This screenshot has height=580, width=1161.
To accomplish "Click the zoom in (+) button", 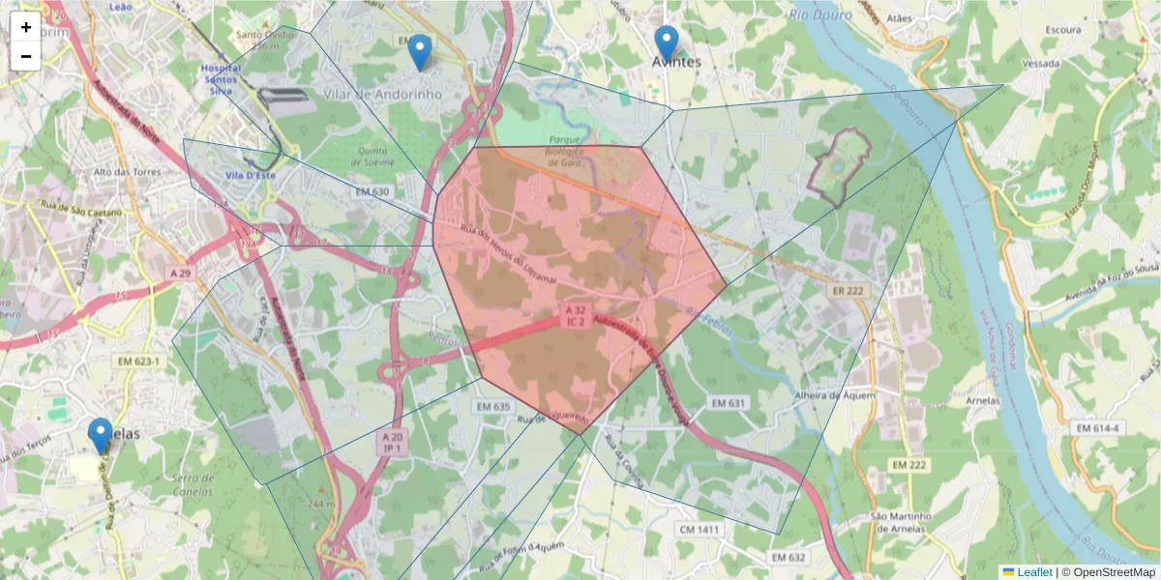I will (x=26, y=27).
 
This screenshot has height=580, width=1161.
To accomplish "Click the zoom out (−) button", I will (x=26, y=56).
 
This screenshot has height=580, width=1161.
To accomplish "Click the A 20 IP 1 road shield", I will (x=393, y=443).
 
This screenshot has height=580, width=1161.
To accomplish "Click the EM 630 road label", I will (x=372, y=191).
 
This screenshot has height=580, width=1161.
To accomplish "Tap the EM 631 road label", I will (x=730, y=402).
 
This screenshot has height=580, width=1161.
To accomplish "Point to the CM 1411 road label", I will (x=699, y=529).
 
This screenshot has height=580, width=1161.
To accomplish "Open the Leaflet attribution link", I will (x=1033, y=572).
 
